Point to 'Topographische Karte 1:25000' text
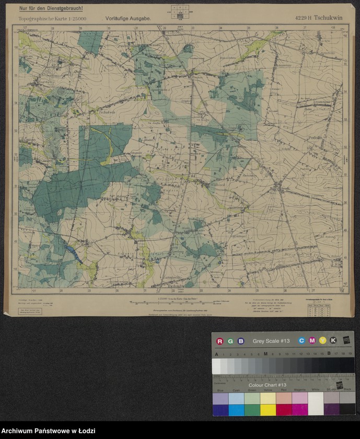53,18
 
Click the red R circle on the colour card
219,341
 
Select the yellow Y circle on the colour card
322,341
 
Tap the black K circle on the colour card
333,341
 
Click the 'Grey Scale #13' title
271,341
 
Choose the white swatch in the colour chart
316,403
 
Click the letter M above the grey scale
265,354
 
